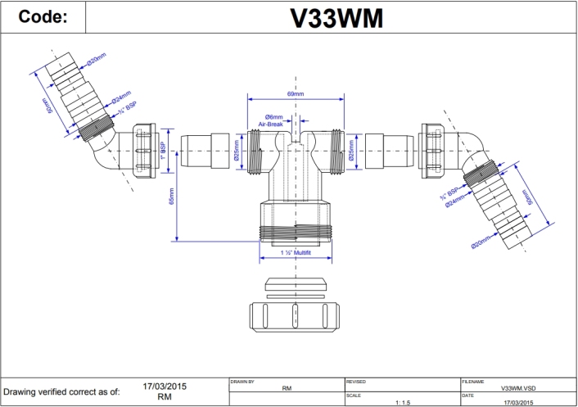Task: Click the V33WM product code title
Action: click(336, 18)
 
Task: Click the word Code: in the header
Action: click(42, 17)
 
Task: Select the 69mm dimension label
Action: click(296, 95)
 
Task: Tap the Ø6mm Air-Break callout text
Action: click(270, 120)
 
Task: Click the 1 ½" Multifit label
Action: click(296, 255)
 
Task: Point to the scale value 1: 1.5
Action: click(403, 402)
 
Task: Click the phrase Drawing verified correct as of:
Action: click(62, 391)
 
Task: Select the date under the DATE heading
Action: click(517, 402)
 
